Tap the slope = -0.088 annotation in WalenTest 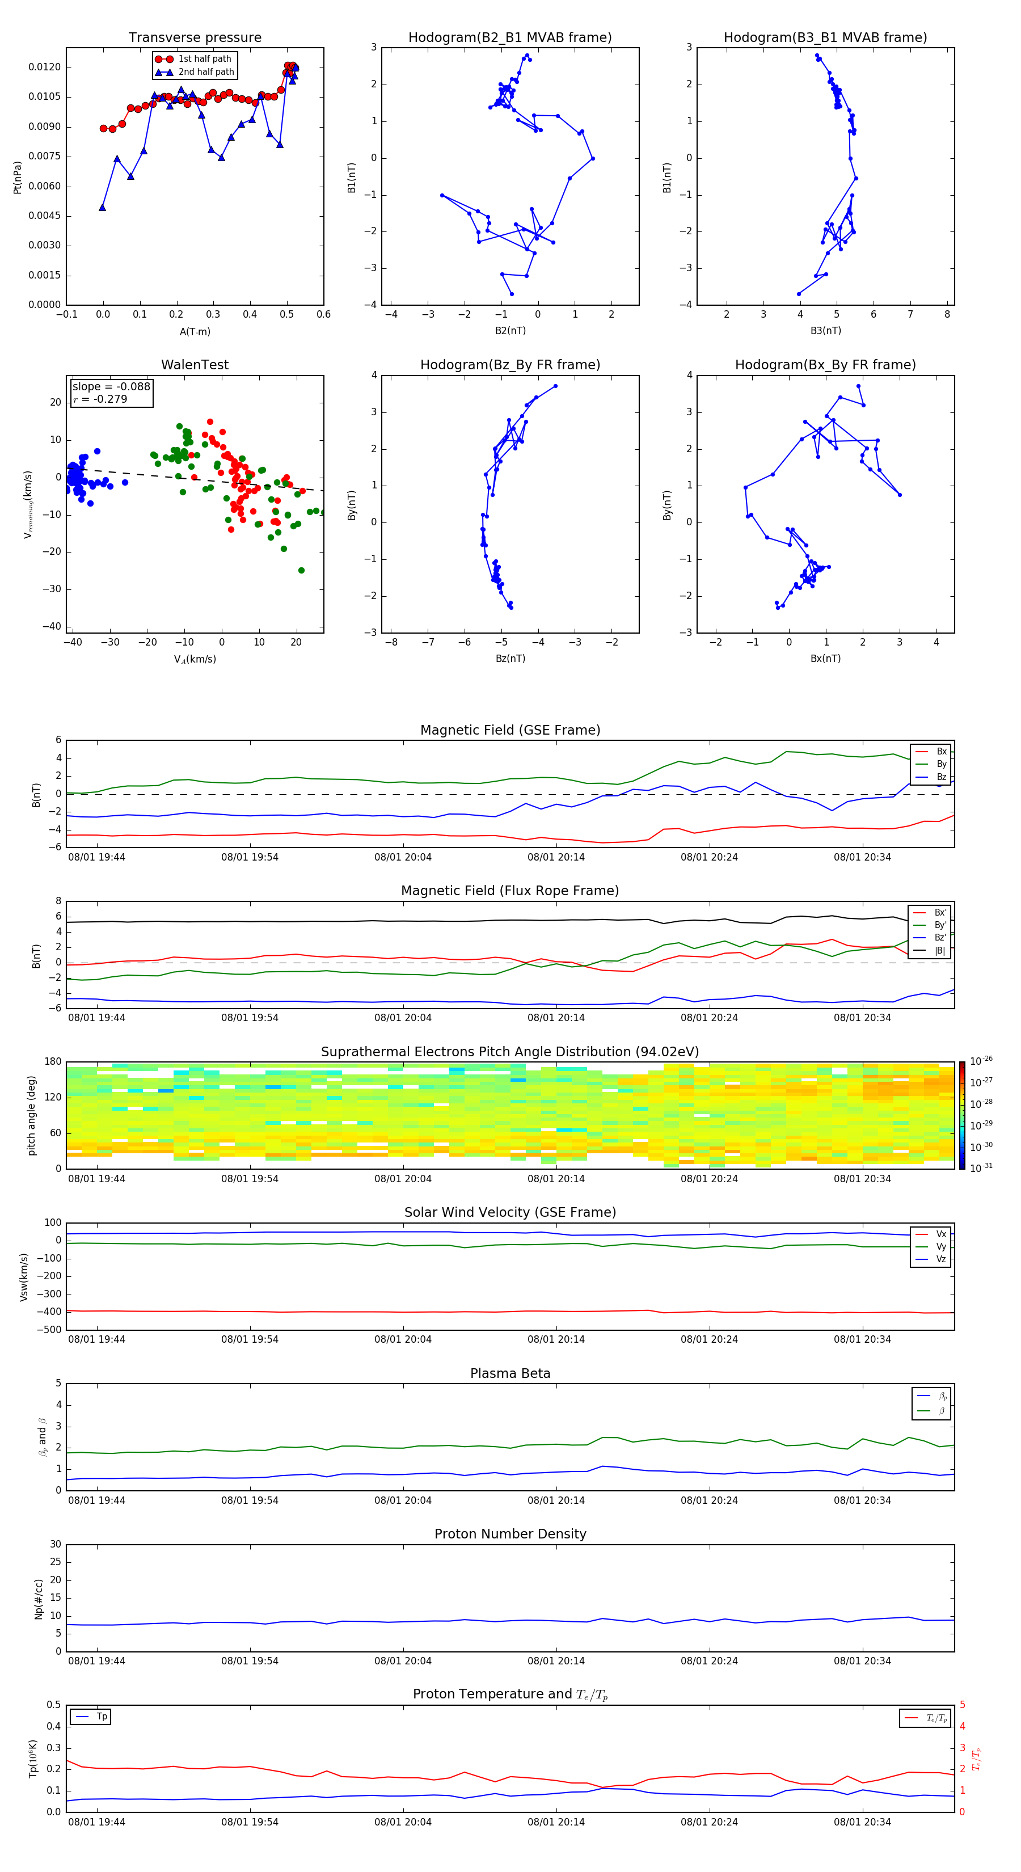coord(111,387)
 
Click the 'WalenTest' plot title coord(195,365)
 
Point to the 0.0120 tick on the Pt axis coord(44,67)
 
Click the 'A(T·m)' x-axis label coord(195,331)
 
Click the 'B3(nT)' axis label coord(825,331)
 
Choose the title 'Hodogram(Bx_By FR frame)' coord(825,365)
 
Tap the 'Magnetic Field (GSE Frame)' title coord(510,730)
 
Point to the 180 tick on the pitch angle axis coord(53,1062)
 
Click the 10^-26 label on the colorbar coord(981,1060)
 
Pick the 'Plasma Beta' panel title coord(510,1373)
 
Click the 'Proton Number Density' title coord(510,1534)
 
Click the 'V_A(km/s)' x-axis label coord(195,659)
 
